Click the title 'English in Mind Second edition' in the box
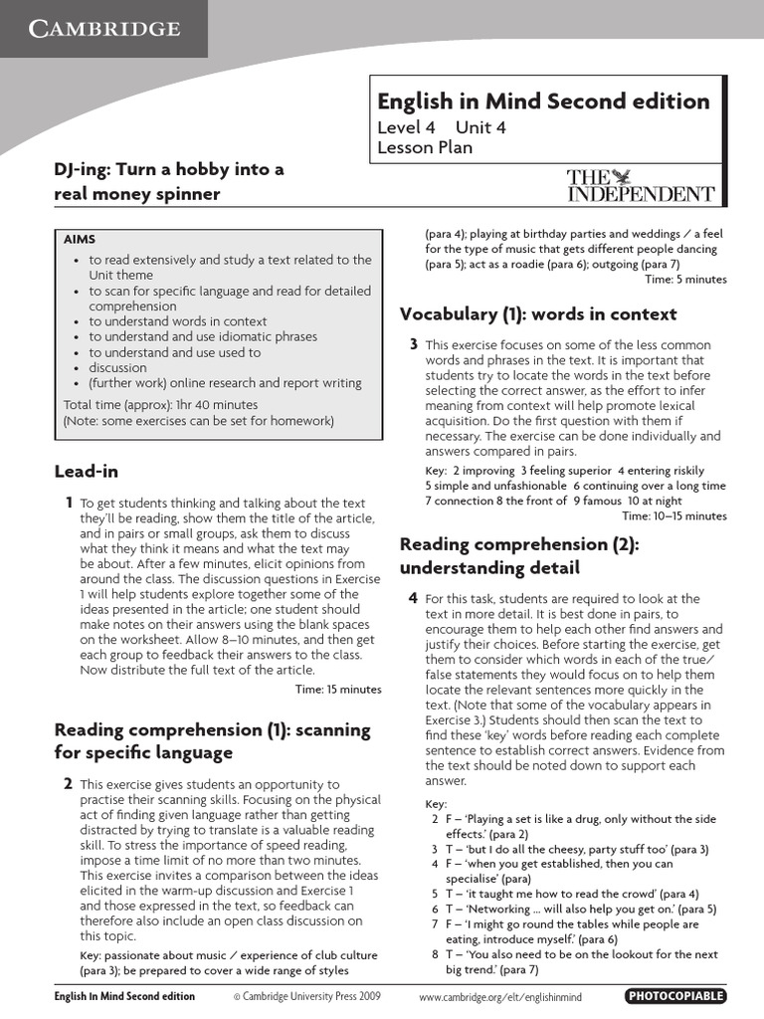point(543,102)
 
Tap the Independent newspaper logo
point(640,186)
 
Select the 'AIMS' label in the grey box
point(80,240)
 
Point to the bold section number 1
point(67,503)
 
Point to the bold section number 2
point(68,783)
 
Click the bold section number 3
point(413,344)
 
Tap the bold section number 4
point(413,598)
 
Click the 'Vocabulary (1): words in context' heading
point(537,314)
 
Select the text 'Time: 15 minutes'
point(338,689)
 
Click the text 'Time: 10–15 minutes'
point(673,515)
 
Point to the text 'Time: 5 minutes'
point(685,279)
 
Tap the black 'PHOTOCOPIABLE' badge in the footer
point(675,996)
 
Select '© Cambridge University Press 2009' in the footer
point(306,996)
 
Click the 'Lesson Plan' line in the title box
point(425,147)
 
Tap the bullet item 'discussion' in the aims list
point(117,367)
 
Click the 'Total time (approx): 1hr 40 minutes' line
point(160,405)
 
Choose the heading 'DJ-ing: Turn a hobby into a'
point(168,169)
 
